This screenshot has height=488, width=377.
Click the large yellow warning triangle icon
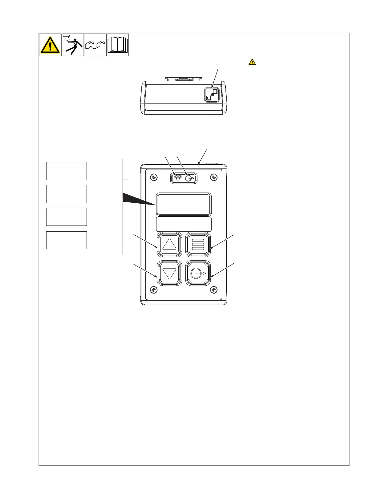pyautogui.click(x=50, y=45)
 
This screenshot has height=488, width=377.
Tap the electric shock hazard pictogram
pyautogui.click(x=73, y=45)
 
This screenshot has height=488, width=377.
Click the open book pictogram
pyautogui.click(x=118, y=45)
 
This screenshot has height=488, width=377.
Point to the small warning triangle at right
pyautogui.click(x=252, y=62)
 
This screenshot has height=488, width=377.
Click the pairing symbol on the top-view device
pyautogui.click(x=212, y=95)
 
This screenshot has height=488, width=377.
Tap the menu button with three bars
pyautogui.click(x=198, y=245)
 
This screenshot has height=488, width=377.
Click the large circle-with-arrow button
pyautogui.click(x=198, y=273)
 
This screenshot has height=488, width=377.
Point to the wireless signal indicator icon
pyautogui.click(x=178, y=178)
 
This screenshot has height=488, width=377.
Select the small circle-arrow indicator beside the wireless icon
pyautogui.click(x=189, y=178)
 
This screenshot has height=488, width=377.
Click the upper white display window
pyautogui.click(x=184, y=204)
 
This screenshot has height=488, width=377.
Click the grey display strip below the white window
pyautogui.click(x=184, y=224)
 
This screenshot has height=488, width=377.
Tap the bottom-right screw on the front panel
pyautogui.click(x=214, y=290)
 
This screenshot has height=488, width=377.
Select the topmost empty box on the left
pyautogui.click(x=66, y=171)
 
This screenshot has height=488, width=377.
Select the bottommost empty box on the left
pyautogui.click(x=66, y=240)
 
